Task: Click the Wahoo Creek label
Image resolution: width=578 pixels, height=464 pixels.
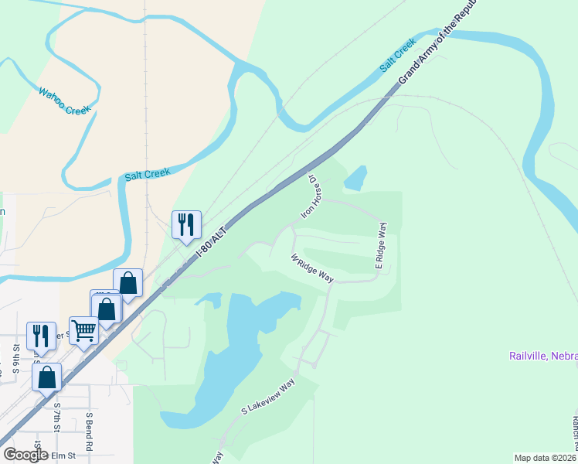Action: click(65, 101)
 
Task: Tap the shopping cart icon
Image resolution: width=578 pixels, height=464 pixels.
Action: click(83, 330)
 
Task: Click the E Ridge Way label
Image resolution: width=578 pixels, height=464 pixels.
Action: click(381, 245)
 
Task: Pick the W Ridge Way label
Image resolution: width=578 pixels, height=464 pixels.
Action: click(311, 268)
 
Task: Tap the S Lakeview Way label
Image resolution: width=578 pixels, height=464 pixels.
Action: click(268, 397)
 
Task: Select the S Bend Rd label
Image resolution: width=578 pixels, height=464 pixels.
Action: click(89, 432)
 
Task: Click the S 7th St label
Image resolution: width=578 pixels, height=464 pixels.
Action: click(56, 416)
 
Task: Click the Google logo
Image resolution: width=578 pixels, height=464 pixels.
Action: click(25, 455)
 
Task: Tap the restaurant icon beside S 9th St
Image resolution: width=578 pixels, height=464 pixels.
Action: click(41, 335)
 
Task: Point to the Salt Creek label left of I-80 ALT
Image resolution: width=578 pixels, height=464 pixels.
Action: click(147, 175)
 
